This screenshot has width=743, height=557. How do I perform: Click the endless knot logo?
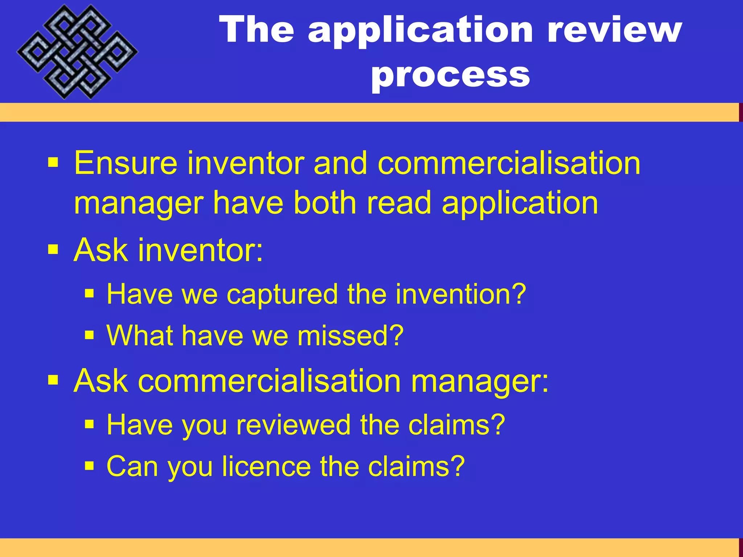pos(77,51)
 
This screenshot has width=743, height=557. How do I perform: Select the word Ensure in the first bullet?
pos(126,164)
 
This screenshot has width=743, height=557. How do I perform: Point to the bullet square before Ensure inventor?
pos(53,162)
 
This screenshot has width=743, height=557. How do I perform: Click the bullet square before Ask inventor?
pos(53,249)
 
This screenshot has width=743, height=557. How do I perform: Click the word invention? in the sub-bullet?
pos(460,294)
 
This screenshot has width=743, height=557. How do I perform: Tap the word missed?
pos(350,336)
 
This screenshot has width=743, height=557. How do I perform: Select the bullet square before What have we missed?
pos(89,335)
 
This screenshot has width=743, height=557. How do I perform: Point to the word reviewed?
pos(293,425)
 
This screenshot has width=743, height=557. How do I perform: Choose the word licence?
pos(267,466)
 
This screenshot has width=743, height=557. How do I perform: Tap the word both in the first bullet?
pos(325,203)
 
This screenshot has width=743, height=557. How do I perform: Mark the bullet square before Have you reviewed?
pos(89,424)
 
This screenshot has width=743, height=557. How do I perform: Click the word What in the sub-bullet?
pos(139,336)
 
